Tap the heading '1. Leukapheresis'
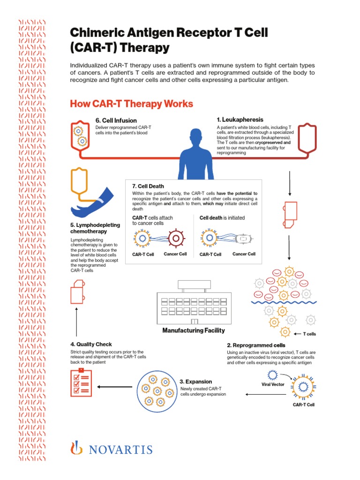pos(240,120)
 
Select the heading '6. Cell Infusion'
pos(116,120)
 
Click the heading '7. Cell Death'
pos(148,186)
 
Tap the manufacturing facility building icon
pos(194,305)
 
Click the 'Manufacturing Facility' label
pos(194,330)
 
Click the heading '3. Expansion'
pos(196,382)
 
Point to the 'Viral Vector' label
pos(273,384)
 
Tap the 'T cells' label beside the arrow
pos(310,334)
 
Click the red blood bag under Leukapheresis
pos(307,138)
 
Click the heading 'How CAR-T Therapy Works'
pos(131,104)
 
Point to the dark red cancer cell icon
pos(175,239)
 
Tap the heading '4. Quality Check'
pos(91,344)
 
